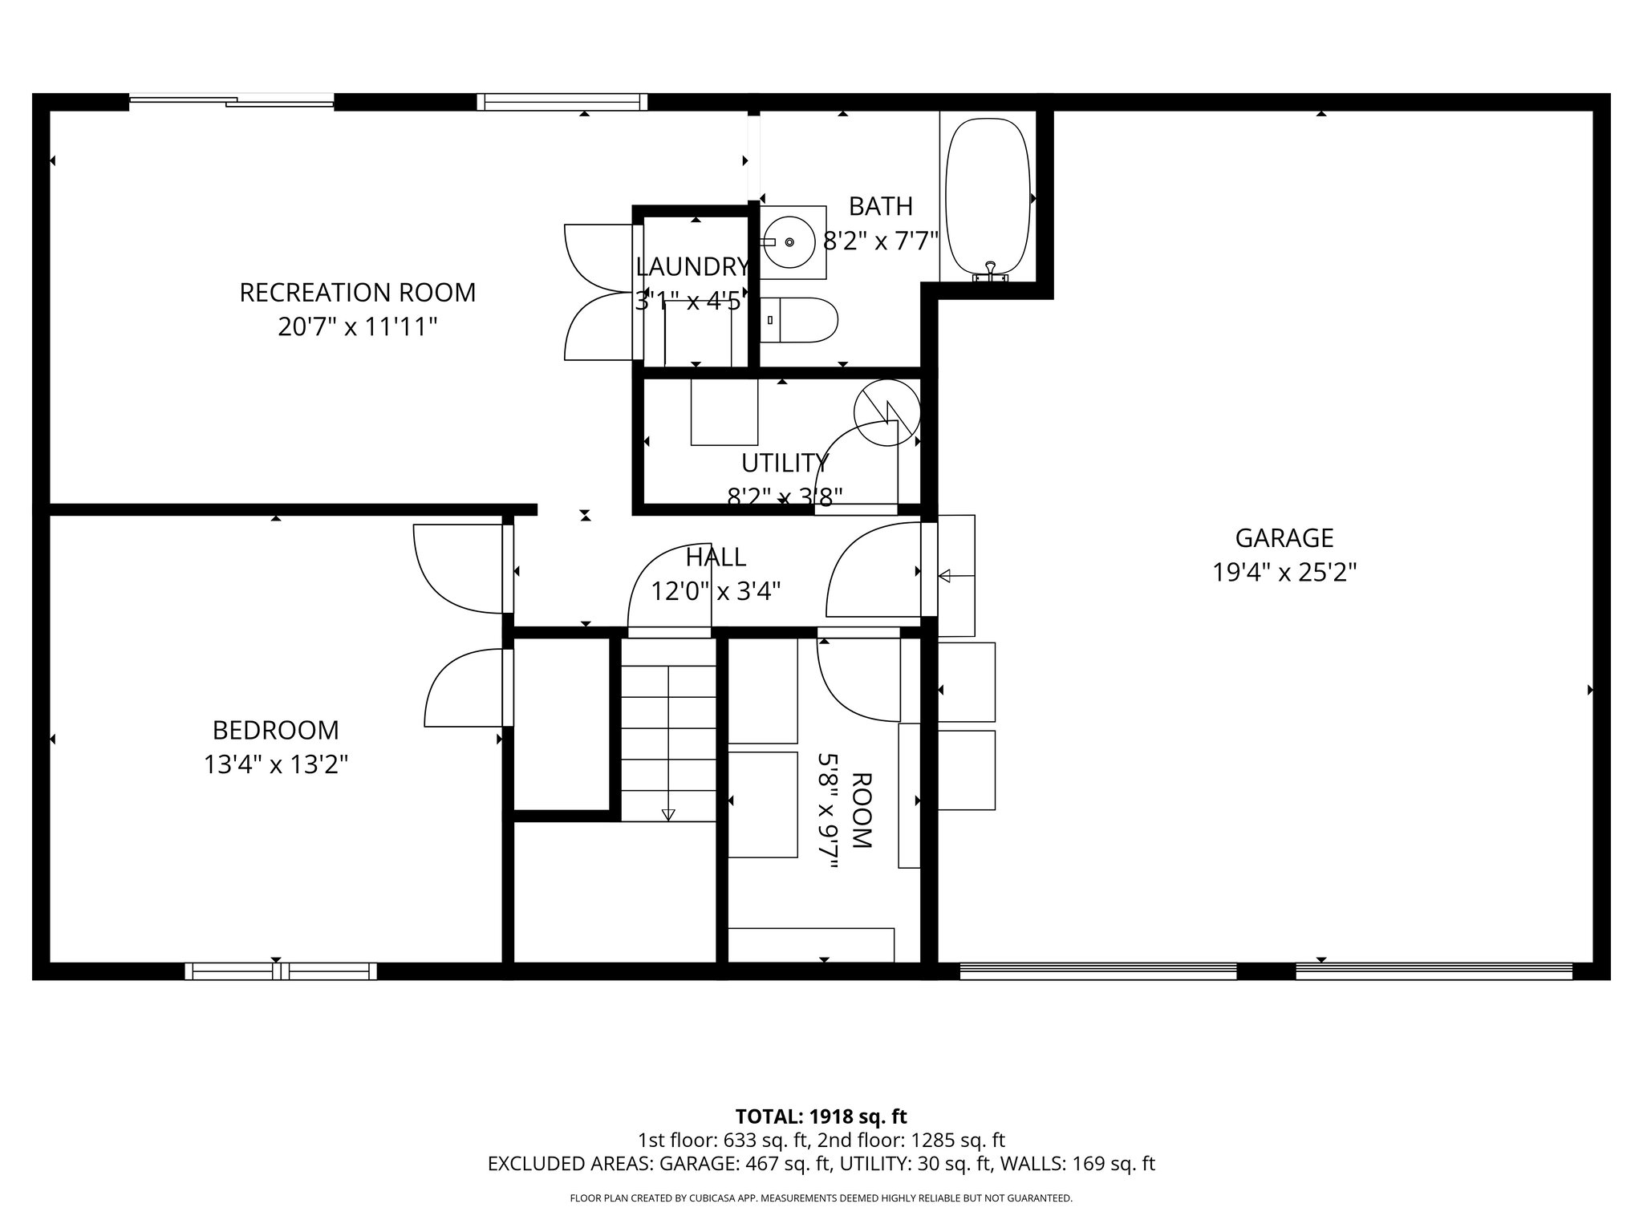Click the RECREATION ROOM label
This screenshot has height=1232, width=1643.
pyautogui.click(x=358, y=293)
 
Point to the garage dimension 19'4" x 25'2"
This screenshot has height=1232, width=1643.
pyautogui.click(x=1284, y=573)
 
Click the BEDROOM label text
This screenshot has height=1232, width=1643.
pyautogui.click(x=275, y=731)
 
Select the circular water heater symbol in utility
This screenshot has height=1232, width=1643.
pyautogui.click(x=886, y=412)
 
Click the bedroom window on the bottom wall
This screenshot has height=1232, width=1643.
pyautogui.click(x=280, y=971)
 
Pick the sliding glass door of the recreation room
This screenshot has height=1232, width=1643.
pyautogui.click(x=231, y=101)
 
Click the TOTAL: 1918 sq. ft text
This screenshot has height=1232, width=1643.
pyautogui.click(x=821, y=1116)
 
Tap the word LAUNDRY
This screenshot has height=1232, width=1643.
pyautogui.click(x=692, y=266)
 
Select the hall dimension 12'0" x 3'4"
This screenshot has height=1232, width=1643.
pyautogui.click(x=716, y=592)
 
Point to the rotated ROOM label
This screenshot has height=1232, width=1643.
pyautogui.click(x=861, y=810)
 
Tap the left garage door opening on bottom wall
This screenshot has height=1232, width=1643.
pyautogui.click(x=1097, y=971)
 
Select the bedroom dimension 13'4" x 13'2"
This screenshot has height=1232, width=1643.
pyautogui.click(x=275, y=765)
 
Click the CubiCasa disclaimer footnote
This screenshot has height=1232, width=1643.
pyautogui.click(x=821, y=1198)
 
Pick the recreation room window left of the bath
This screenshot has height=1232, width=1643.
pyautogui.click(x=562, y=102)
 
